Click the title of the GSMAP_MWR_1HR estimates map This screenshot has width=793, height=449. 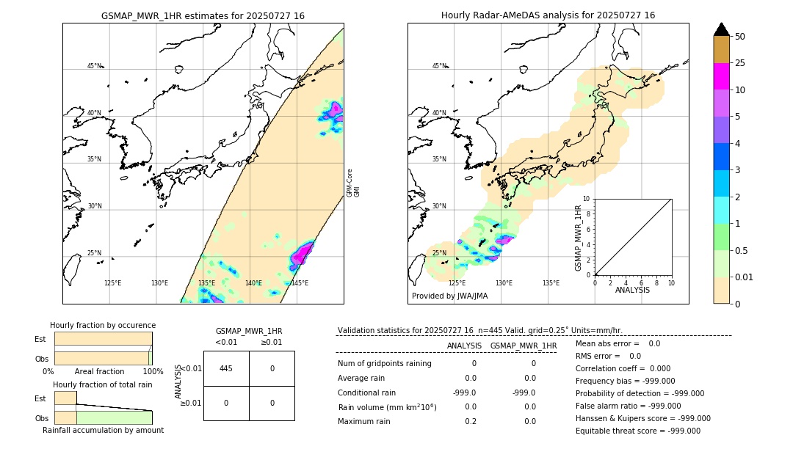point(203,15)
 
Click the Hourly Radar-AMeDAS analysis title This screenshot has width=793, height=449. point(548,15)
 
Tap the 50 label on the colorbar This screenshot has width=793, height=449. point(740,37)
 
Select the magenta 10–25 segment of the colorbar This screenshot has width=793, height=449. point(721,76)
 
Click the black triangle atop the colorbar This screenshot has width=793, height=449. point(721,29)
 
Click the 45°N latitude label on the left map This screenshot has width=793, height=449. point(94,66)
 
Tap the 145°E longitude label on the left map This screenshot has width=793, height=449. point(300,283)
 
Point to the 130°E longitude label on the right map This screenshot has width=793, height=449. point(504,283)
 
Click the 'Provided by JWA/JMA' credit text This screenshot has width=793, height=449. point(449,296)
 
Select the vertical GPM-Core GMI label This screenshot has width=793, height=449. point(353,182)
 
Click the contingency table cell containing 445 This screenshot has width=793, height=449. point(226,368)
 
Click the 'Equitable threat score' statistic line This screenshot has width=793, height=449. point(637,431)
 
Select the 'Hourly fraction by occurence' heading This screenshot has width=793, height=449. point(103,325)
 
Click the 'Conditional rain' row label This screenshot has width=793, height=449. point(368,393)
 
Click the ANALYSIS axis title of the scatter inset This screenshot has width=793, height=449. point(633,291)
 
